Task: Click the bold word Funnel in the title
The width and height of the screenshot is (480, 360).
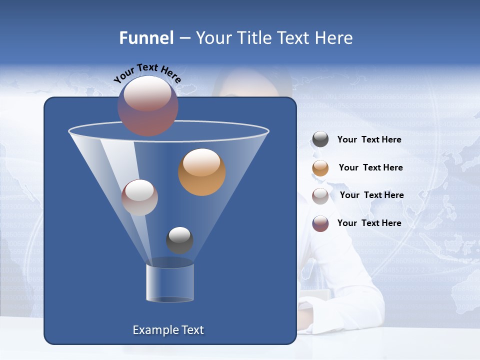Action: click(146, 38)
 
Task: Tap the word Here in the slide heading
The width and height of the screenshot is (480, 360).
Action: click(334, 38)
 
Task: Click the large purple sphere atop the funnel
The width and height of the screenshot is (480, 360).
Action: click(147, 105)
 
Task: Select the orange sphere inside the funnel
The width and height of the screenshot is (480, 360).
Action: click(201, 172)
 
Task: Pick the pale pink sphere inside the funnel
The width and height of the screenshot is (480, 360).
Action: click(139, 197)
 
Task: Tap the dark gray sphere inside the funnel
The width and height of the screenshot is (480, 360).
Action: click(179, 240)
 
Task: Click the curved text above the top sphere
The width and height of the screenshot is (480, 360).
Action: click(147, 73)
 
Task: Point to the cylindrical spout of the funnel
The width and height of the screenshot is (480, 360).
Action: click(169, 282)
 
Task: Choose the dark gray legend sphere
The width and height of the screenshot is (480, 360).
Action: click(320, 139)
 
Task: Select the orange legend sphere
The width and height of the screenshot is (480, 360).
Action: click(320, 168)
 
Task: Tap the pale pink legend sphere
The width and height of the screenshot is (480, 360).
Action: click(320, 195)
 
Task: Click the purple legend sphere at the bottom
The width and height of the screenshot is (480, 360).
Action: click(320, 223)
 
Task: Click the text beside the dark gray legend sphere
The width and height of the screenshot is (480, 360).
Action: click(369, 140)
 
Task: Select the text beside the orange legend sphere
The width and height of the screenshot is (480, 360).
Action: click(370, 168)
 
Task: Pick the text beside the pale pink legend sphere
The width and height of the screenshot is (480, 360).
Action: click(371, 195)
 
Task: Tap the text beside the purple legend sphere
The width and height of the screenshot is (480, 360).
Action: click(369, 223)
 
